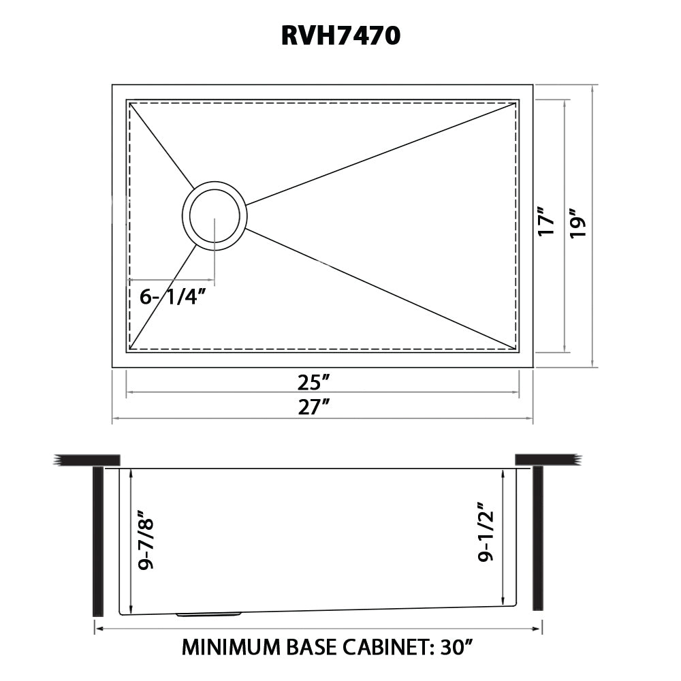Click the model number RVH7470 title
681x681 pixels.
(x=340, y=35)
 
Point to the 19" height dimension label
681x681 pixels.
(x=580, y=223)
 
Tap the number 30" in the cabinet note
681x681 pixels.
(x=454, y=646)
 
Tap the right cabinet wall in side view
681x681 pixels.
(x=538, y=538)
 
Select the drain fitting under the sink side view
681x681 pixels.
(x=208, y=614)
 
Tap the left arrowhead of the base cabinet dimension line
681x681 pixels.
(x=97, y=629)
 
